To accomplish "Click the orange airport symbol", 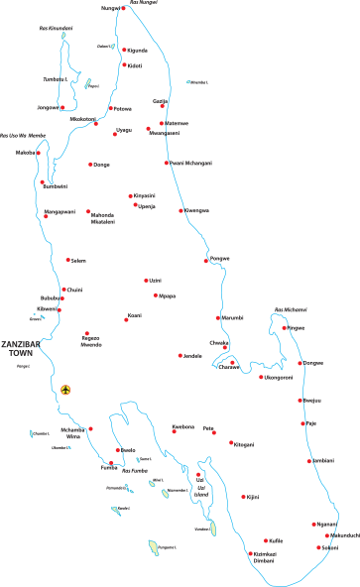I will tap(65, 390).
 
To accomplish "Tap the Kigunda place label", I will tap(138, 50).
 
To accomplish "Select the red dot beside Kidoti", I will tap(125, 65).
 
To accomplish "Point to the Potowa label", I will tap(123, 109).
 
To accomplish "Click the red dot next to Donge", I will tap(90, 165).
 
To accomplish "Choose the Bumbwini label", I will tap(56, 186).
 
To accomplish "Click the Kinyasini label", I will tap(145, 196).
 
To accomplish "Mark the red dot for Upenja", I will tap(136, 205).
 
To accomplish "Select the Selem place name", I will tap(78, 261).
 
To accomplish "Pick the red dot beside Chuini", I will tap(63, 290).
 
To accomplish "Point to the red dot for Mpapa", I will tap(156, 295).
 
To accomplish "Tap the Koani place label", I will tap(135, 317).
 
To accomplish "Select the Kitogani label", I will tap(244, 444).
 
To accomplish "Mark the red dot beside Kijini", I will tap(243, 497).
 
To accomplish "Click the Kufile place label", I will tap(277, 541).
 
